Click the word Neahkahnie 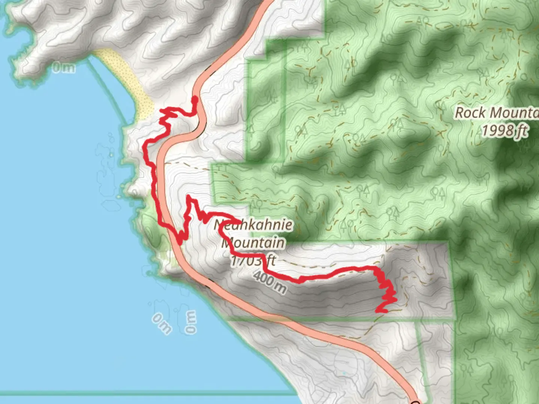tap(253, 225)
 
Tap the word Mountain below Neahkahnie tap(253, 243)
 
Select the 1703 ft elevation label tap(253, 260)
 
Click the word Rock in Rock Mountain tap(471, 113)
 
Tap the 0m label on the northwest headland tap(63, 68)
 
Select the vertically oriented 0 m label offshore tap(190, 322)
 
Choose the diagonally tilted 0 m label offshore tap(162, 323)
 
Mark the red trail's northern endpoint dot tap(195, 99)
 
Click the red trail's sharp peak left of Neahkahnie tap(189, 196)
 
